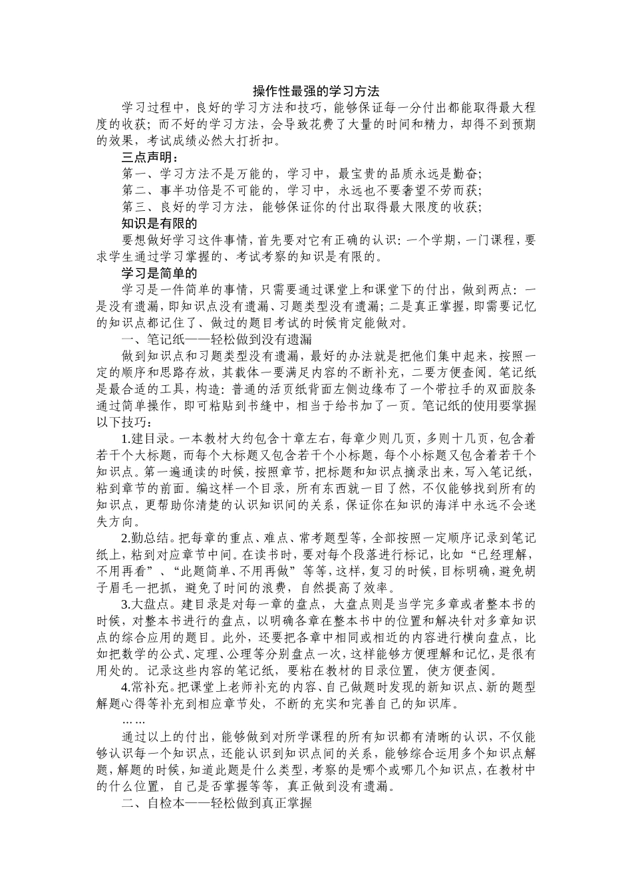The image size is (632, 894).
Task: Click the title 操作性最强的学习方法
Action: [316, 90]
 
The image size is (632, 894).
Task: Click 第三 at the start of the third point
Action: [135, 208]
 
